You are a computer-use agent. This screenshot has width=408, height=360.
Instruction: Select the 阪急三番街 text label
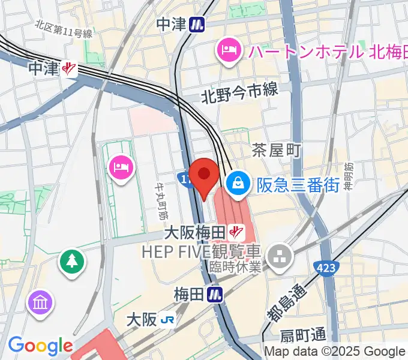tap(298, 184)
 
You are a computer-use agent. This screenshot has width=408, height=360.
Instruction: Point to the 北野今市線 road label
tap(239, 91)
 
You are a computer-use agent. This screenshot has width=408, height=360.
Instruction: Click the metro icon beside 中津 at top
tap(197, 24)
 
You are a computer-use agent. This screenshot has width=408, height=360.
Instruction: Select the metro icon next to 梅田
tap(215, 294)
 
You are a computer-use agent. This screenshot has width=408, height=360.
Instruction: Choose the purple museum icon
tap(41, 302)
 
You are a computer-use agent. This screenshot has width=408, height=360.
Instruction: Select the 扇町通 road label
tap(304, 334)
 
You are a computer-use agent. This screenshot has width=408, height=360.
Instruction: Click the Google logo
tap(40, 346)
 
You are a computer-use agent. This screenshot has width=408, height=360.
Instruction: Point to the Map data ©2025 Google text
tap(335, 352)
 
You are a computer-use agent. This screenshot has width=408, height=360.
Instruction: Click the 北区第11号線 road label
tap(63, 29)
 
